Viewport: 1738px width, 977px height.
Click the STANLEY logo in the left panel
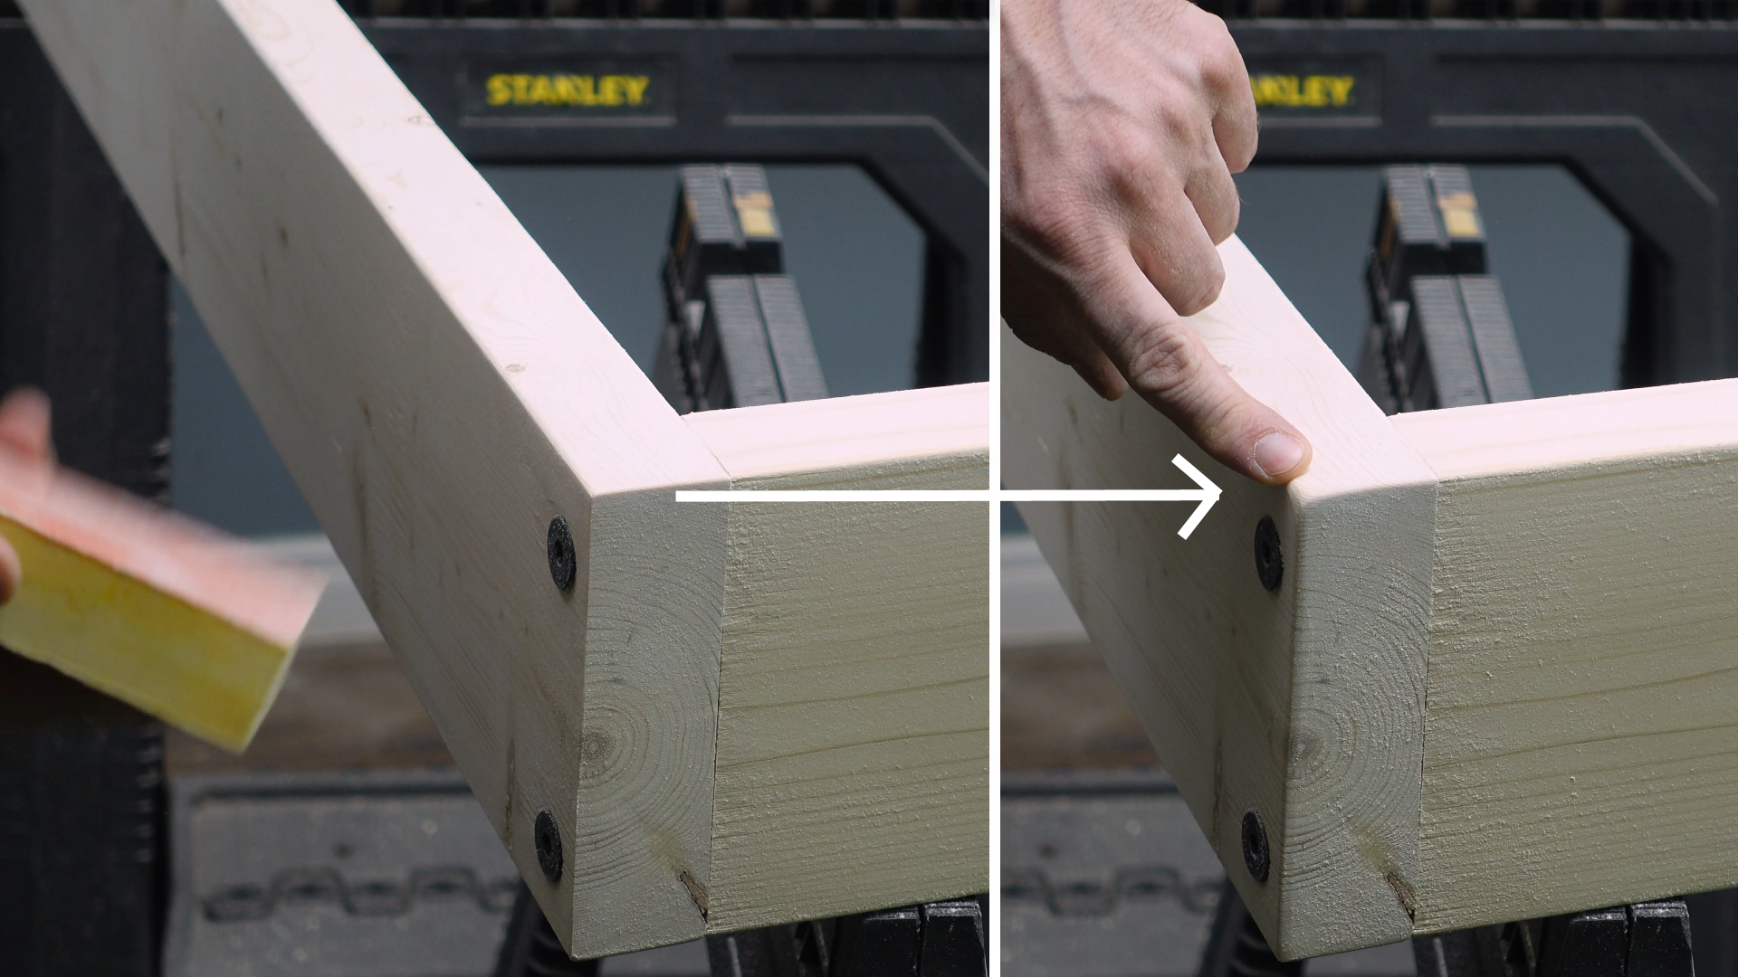[567, 90]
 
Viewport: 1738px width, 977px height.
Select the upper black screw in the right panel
[1267, 553]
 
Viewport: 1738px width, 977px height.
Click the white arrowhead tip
[1221, 495]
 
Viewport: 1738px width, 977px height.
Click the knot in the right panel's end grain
[1303, 746]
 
